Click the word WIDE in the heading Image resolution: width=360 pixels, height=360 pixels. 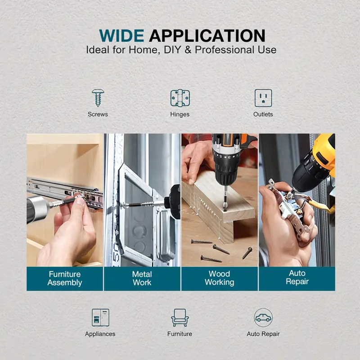(121, 36)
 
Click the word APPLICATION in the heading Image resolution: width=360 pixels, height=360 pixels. (207, 36)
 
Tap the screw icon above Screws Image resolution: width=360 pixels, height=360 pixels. (98, 98)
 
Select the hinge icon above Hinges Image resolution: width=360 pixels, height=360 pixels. (180, 98)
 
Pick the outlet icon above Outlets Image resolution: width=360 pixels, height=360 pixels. (263, 98)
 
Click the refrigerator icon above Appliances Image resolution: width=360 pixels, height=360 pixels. (100, 318)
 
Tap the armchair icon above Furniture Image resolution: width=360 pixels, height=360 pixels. (180, 318)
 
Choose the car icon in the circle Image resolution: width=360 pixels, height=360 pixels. (263, 318)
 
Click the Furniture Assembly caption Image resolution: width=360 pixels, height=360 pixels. (65, 278)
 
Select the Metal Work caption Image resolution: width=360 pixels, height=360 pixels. (142, 278)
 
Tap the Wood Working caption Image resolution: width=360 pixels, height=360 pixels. (220, 278)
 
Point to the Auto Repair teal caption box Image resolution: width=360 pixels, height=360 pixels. (297, 279)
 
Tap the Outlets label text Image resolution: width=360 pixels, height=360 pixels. (263, 114)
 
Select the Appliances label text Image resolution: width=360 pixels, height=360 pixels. (100, 334)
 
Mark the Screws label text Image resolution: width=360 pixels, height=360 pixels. (98, 114)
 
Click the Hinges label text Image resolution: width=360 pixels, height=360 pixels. (180, 114)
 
